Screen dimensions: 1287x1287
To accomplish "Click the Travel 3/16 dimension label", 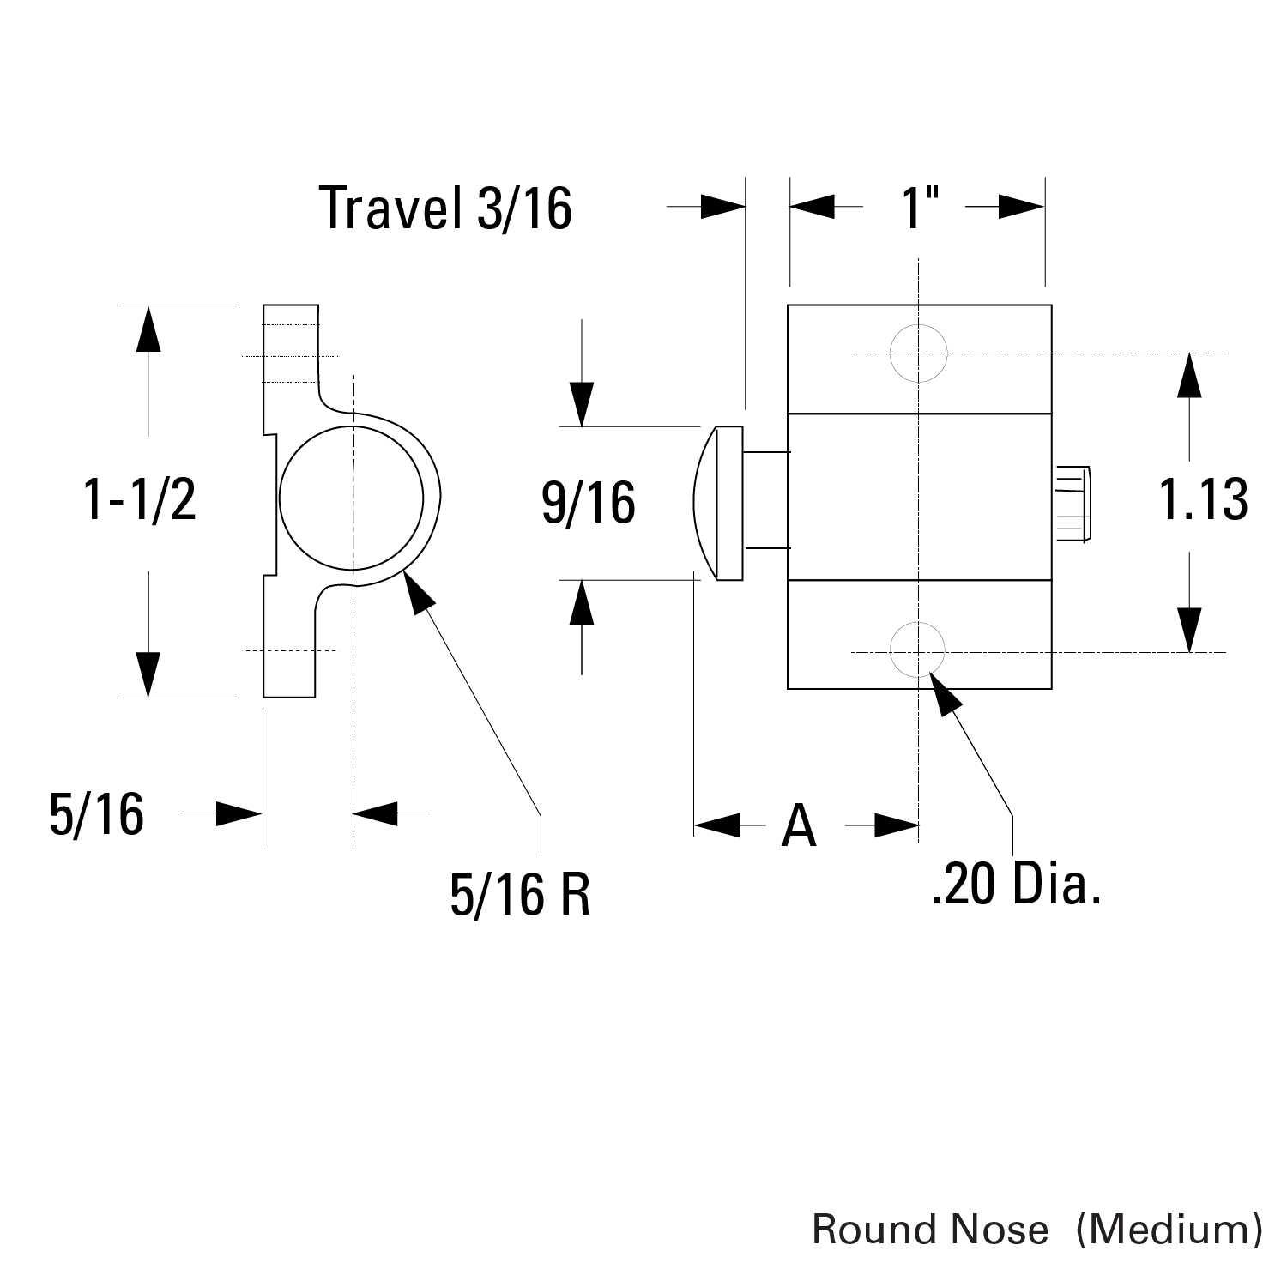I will (444, 208).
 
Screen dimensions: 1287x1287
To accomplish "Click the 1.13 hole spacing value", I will (1203, 499).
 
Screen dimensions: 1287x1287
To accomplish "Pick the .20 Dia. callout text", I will (1015, 885).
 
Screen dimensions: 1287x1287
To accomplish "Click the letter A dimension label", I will (799, 826).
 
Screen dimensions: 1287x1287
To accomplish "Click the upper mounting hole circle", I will (919, 353).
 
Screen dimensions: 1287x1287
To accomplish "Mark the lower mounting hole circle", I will (919, 651).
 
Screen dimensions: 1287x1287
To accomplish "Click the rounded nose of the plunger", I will (705, 503).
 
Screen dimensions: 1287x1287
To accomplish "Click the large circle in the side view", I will (352, 498).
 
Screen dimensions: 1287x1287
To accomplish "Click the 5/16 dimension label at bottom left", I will (96, 814).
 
